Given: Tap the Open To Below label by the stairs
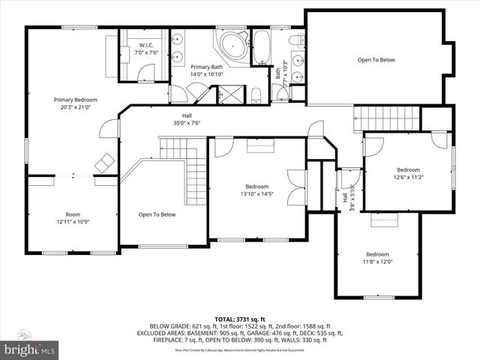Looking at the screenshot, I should tap(157, 214).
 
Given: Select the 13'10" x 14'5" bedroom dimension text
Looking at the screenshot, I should tap(256, 194).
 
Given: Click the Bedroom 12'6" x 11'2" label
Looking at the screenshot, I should tap(409, 173).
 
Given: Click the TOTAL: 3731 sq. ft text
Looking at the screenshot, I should tap(239, 319).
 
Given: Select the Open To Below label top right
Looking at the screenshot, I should tap(376, 60).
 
